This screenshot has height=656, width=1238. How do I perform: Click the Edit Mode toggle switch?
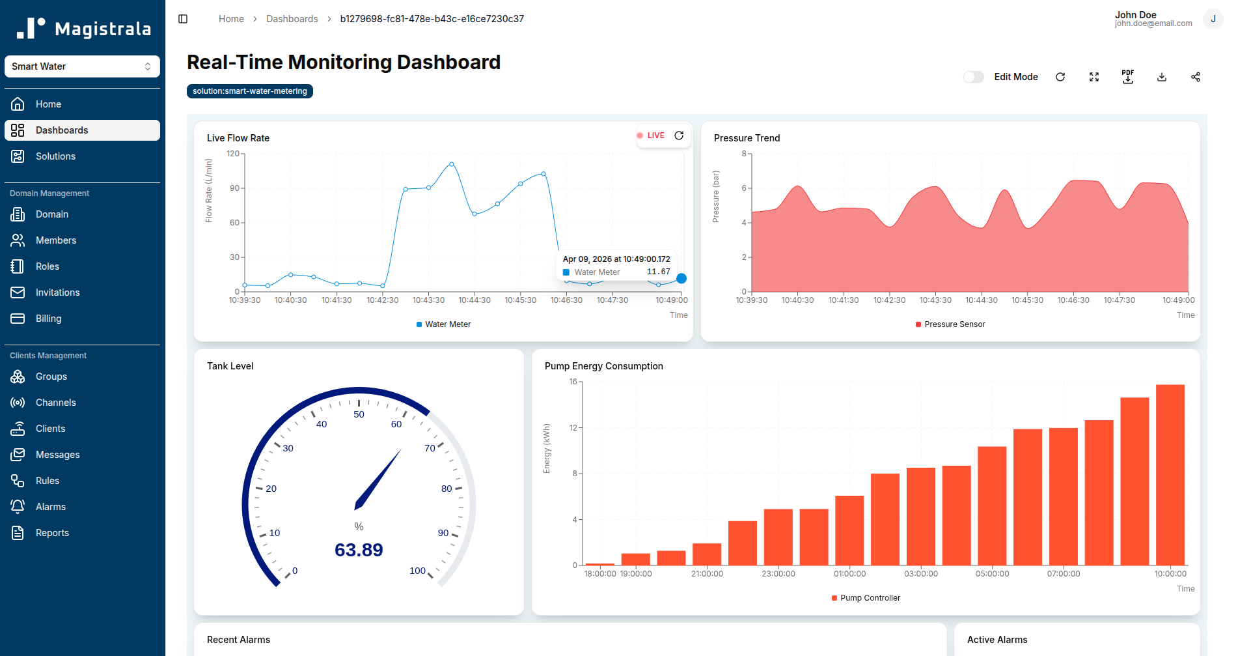[x=973, y=77]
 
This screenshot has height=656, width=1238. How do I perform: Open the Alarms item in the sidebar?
[x=50, y=507]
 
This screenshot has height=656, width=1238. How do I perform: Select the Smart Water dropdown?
[x=82, y=66]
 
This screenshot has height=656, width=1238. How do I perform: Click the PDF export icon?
[x=1127, y=77]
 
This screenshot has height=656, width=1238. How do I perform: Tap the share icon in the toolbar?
[x=1195, y=77]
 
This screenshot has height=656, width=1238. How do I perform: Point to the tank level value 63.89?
[x=359, y=550]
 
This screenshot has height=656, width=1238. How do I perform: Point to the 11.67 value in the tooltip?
[x=658, y=272]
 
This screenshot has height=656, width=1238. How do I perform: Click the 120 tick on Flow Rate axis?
[x=232, y=154]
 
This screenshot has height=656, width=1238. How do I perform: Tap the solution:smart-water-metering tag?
[x=249, y=91]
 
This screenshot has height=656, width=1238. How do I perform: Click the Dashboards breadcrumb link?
[x=292, y=19]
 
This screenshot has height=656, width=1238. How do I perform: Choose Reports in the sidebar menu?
[x=52, y=533]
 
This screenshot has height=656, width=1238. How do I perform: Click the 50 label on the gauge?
[x=359, y=414]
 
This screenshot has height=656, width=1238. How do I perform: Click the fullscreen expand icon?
[x=1094, y=77]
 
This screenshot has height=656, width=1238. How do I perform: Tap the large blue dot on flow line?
[x=681, y=279]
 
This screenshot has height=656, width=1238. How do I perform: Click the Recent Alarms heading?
[x=238, y=640]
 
